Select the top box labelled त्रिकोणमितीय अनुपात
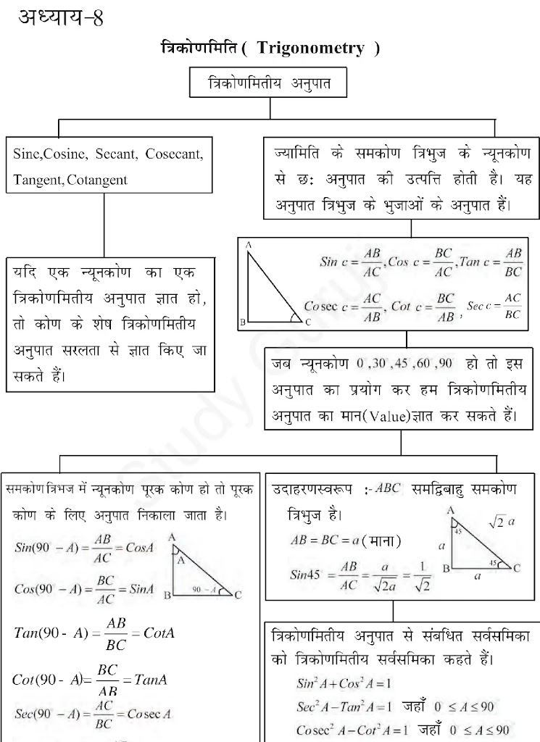click(x=270, y=83)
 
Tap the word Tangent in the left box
click(x=38, y=179)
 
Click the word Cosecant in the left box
click(x=174, y=154)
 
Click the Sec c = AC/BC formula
click(x=495, y=307)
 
